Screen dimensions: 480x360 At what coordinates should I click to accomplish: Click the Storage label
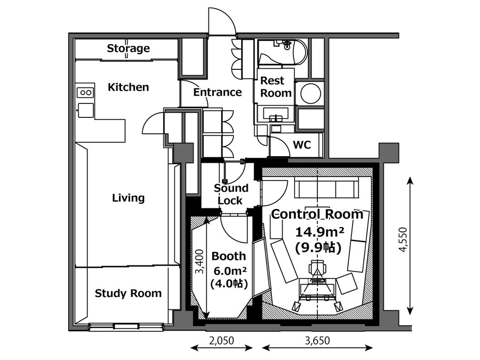tap(128, 49)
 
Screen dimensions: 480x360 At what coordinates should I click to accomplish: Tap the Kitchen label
tap(128, 87)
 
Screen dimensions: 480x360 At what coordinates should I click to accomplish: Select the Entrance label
tap(218, 92)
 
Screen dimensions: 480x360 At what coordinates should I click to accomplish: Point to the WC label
tap(302, 145)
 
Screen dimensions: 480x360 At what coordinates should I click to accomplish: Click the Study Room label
tap(128, 293)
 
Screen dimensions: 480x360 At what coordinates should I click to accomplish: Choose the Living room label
tap(128, 198)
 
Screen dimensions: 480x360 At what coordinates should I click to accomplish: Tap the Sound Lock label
tap(230, 194)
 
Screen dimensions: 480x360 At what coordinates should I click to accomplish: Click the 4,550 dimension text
tap(403, 239)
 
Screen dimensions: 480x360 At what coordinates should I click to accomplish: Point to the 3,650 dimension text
tap(317, 340)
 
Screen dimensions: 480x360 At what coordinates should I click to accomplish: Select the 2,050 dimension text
tap(221, 340)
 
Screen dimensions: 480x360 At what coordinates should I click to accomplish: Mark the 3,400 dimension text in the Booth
tap(199, 262)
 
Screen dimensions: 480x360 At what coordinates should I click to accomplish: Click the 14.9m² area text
tap(319, 232)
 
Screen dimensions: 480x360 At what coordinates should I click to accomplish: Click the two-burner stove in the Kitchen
tap(85, 92)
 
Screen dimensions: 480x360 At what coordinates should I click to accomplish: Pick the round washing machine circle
tap(311, 94)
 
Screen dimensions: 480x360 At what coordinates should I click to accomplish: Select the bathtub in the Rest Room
tap(282, 52)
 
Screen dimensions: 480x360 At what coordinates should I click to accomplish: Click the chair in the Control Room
tap(317, 268)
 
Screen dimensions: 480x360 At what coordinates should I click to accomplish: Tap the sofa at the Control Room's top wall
tap(326, 187)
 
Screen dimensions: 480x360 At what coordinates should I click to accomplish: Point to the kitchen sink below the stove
tap(86, 110)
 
